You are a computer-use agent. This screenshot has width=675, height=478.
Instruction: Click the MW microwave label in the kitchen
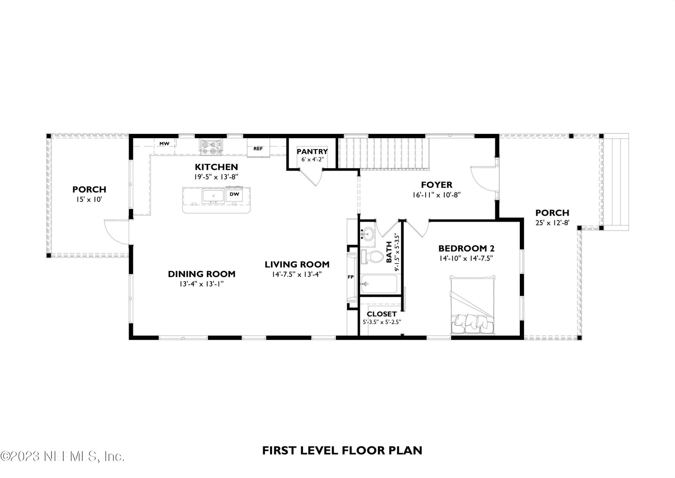coord(164,144)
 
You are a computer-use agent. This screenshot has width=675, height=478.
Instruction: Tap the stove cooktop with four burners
coord(211,147)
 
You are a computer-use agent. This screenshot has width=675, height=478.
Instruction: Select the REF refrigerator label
coord(258,149)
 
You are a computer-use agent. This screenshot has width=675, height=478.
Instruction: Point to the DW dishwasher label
coord(234,194)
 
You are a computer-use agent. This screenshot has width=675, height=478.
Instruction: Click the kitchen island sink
coord(213,196)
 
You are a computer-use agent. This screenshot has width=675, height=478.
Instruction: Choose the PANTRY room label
coord(312,152)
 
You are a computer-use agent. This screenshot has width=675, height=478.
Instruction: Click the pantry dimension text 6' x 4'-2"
coord(313,159)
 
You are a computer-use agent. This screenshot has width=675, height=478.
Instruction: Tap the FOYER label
coord(437,185)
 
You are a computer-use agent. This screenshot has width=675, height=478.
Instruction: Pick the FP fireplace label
coord(351,277)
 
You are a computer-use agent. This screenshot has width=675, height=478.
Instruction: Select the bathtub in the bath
coord(379,284)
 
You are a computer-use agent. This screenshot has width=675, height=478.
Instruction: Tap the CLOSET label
coord(381,314)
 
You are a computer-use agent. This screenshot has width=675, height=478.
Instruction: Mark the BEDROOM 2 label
coord(466,248)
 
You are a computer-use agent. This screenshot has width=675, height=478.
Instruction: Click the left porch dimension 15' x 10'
coord(89,199)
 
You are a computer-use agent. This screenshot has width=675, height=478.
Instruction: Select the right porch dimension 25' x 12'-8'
coord(552,223)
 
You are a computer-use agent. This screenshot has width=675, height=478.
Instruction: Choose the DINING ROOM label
coord(202,274)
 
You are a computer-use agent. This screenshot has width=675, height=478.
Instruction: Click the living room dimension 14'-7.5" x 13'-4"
coord(297,274)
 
